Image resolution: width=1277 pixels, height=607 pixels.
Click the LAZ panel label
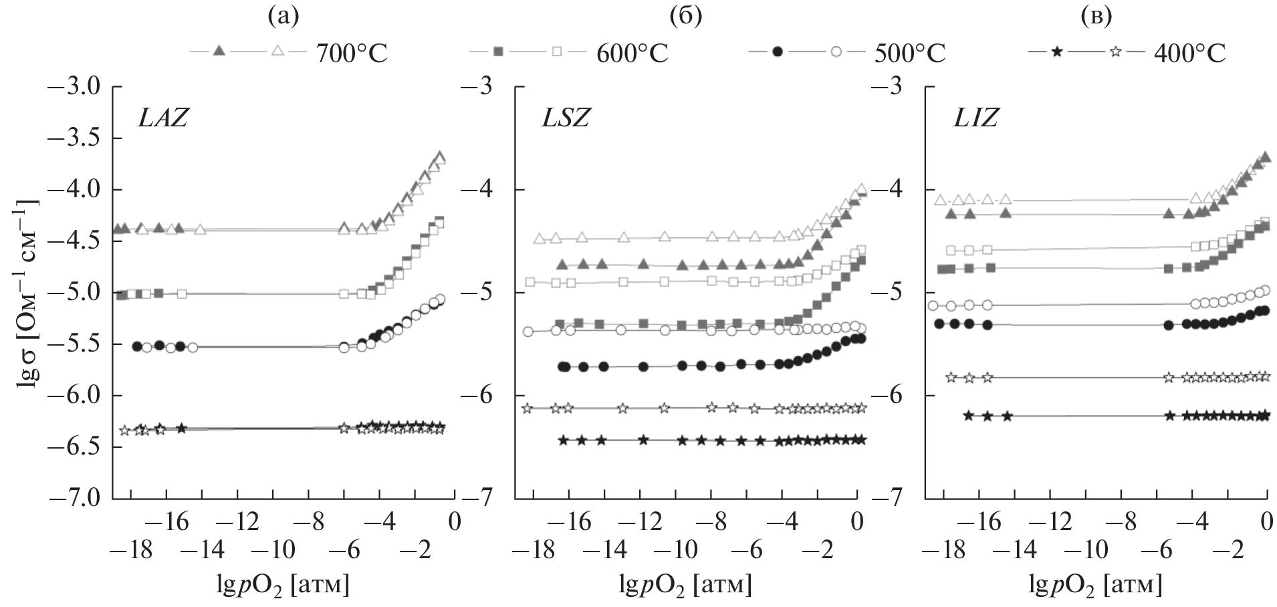162,118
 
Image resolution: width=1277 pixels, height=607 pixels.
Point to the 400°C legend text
1189,53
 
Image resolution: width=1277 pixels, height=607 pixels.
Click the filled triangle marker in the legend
218,51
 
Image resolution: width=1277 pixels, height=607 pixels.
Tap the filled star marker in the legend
1056,51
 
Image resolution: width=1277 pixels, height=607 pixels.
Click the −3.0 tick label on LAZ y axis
78,87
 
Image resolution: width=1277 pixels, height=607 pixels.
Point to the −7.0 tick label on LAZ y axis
78,499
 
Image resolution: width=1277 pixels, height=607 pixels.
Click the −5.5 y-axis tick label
78,344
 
